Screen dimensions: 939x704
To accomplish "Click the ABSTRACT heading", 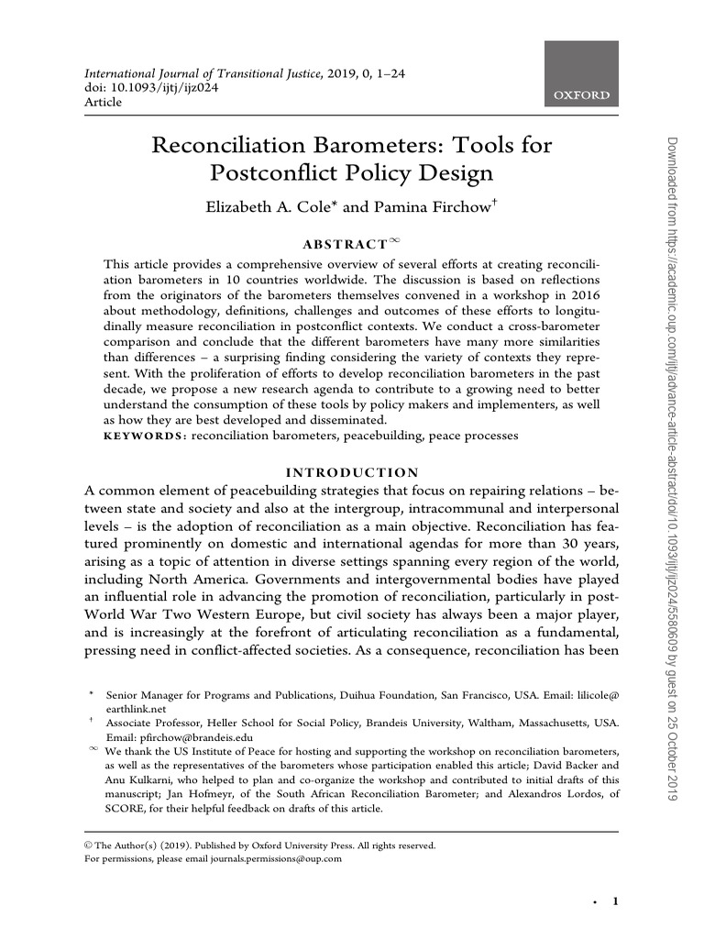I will (x=345, y=245).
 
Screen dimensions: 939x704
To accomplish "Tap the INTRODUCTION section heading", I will (x=351, y=472).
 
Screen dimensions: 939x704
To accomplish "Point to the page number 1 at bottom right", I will (x=616, y=902).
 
